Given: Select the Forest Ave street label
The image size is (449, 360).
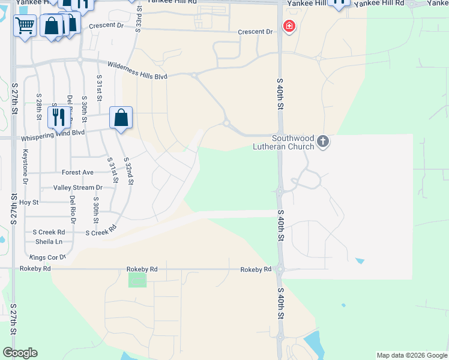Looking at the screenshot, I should click(x=77, y=173).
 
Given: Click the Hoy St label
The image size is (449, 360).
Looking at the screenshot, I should click(x=29, y=203).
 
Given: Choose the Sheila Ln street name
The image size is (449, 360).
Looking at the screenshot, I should click(x=50, y=242).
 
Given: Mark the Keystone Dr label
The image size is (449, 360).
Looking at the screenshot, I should click(x=25, y=170).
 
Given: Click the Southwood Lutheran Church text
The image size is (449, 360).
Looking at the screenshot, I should click(x=293, y=142).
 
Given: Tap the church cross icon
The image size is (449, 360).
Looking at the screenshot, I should click(x=324, y=142).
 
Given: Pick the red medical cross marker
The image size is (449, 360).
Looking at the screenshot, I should click(x=289, y=26).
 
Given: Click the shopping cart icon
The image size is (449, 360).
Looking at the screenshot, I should click(x=25, y=26).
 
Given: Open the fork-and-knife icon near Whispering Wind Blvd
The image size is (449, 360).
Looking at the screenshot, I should click(x=58, y=116).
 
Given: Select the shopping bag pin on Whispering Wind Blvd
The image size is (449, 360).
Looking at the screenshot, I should click(x=121, y=118).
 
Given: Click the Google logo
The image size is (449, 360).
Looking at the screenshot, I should click(x=20, y=353).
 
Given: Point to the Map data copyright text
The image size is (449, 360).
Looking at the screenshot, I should click(x=411, y=355).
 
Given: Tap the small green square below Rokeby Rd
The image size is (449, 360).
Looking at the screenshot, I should click(x=137, y=280).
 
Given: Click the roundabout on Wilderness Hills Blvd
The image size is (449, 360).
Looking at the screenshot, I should click(x=194, y=75).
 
